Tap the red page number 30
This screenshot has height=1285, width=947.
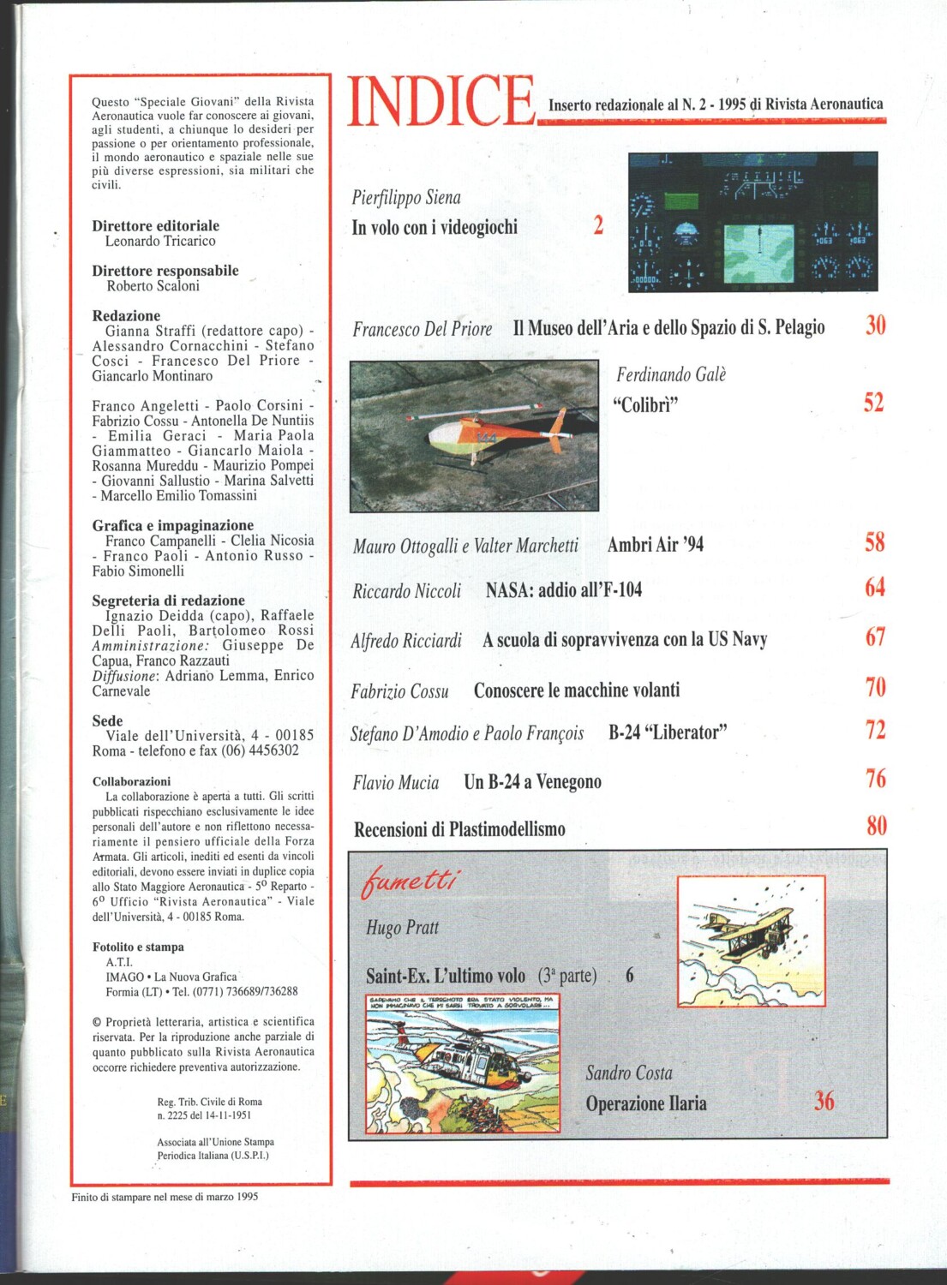[x=875, y=325]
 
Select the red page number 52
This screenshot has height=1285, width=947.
[x=873, y=402]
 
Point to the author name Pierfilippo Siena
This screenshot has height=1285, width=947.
[x=406, y=198]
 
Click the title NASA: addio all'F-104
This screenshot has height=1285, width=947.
[x=563, y=589]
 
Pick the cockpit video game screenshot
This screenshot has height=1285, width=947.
[x=752, y=222]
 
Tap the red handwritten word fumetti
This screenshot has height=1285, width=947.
[x=410, y=881]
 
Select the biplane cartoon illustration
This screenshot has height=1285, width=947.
[x=751, y=941]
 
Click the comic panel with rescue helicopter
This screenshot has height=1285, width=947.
[x=463, y=1064]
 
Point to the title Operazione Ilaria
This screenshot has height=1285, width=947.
[x=646, y=1103]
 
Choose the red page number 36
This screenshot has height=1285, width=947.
[x=824, y=1101]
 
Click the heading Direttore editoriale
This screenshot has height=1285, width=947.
[x=156, y=226]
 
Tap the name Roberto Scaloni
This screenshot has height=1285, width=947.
[x=153, y=286]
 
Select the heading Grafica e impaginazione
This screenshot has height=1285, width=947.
[x=173, y=525]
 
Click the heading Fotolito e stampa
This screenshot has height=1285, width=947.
[x=138, y=947]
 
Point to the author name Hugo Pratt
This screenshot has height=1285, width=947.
[x=402, y=928]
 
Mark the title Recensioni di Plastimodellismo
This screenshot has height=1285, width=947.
[x=459, y=829]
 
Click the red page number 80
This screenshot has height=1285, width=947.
[x=876, y=825]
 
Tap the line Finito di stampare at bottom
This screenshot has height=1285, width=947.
[x=165, y=1197]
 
